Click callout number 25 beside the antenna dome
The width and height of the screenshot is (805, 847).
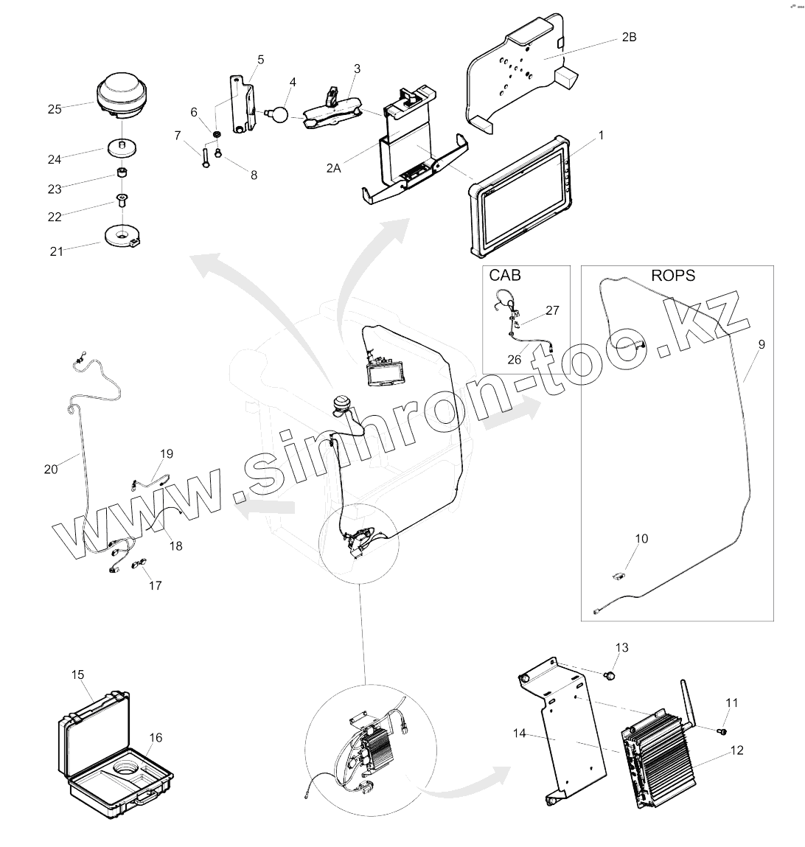55,109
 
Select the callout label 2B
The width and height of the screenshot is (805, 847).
628,36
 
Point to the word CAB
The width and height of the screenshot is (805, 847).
504,275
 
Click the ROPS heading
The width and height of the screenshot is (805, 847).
673,275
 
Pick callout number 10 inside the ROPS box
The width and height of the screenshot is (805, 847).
641,539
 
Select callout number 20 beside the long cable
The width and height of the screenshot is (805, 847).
50,468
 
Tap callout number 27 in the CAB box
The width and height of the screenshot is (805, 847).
552,310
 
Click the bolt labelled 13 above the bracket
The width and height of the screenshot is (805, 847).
610,675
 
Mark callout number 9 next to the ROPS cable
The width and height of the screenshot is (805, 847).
762,344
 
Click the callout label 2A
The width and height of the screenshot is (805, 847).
334,167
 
